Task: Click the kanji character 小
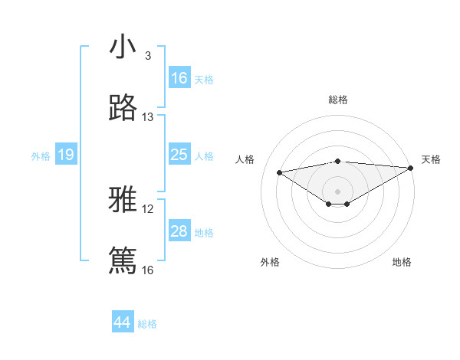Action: coord(123,47)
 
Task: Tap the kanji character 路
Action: coord(123,108)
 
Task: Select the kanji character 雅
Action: coord(123,201)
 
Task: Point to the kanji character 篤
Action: coord(123,260)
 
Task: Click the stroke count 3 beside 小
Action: coord(148,56)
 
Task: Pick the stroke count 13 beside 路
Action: coord(148,117)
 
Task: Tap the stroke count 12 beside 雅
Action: coord(148,209)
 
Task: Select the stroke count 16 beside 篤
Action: coord(148,270)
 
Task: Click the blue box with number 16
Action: coord(179,78)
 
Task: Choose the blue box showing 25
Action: coord(179,155)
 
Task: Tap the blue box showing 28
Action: coord(179,231)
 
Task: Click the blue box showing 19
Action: coord(66,155)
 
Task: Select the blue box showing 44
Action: coord(123,322)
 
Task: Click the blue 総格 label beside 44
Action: coord(147,324)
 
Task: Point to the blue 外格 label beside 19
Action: coord(41,156)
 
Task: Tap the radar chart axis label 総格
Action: coord(338,100)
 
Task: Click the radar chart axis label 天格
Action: coord(431,159)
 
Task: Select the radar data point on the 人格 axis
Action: coord(280,172)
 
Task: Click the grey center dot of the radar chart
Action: coord(338,191)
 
